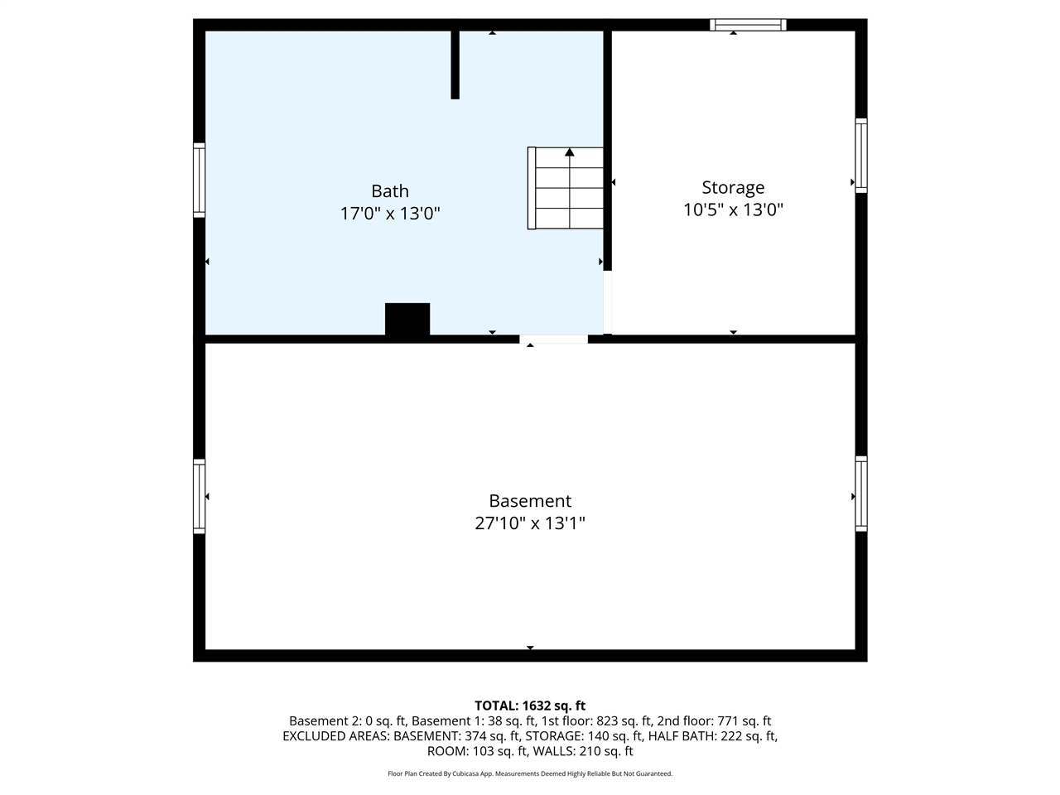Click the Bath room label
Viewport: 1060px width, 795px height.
pos(389,191)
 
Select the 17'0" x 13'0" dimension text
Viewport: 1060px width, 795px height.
pos(389,214)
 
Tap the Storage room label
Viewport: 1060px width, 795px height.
pos(733,188)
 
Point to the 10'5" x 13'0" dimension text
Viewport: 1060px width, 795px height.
pos(733,210)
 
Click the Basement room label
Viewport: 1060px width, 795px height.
pos(530,501)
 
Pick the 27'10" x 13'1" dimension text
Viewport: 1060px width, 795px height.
pos(530,523)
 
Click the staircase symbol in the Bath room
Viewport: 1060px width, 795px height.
pos(566,188)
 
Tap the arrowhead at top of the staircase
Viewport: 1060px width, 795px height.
pos(570,152)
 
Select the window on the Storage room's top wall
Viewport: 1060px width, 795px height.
pos(748,25)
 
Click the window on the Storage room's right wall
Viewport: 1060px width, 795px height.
pos(861,156)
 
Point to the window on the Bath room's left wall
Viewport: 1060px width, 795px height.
pos(199,180)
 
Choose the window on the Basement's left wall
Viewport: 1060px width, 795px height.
pos(199,497)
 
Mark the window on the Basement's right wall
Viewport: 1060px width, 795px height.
pos(861,494)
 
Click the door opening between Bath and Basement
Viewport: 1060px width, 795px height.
pos(553,339)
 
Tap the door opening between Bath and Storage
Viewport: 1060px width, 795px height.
pos(608,302)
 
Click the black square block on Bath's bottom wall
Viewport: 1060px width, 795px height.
pos(407,319)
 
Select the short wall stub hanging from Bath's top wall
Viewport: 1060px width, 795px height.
pos(455,65)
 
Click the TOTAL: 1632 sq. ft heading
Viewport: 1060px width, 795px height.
pos(530,706)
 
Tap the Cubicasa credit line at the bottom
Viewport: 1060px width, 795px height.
pos(530,773)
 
